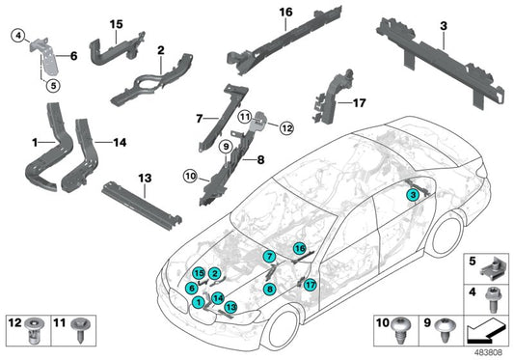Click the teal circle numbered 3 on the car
(x=412, y=195)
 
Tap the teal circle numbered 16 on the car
(x=300, y=249)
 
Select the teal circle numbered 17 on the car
(x=310, y=285)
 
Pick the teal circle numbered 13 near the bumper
(x=230, y=307)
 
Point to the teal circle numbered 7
(x=270, y=257)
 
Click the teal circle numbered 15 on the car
(x=198, y=275)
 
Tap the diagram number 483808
(x=487, y=352)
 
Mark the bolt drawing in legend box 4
(x=491, y=298)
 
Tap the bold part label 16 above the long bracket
(x=284, y=13)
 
